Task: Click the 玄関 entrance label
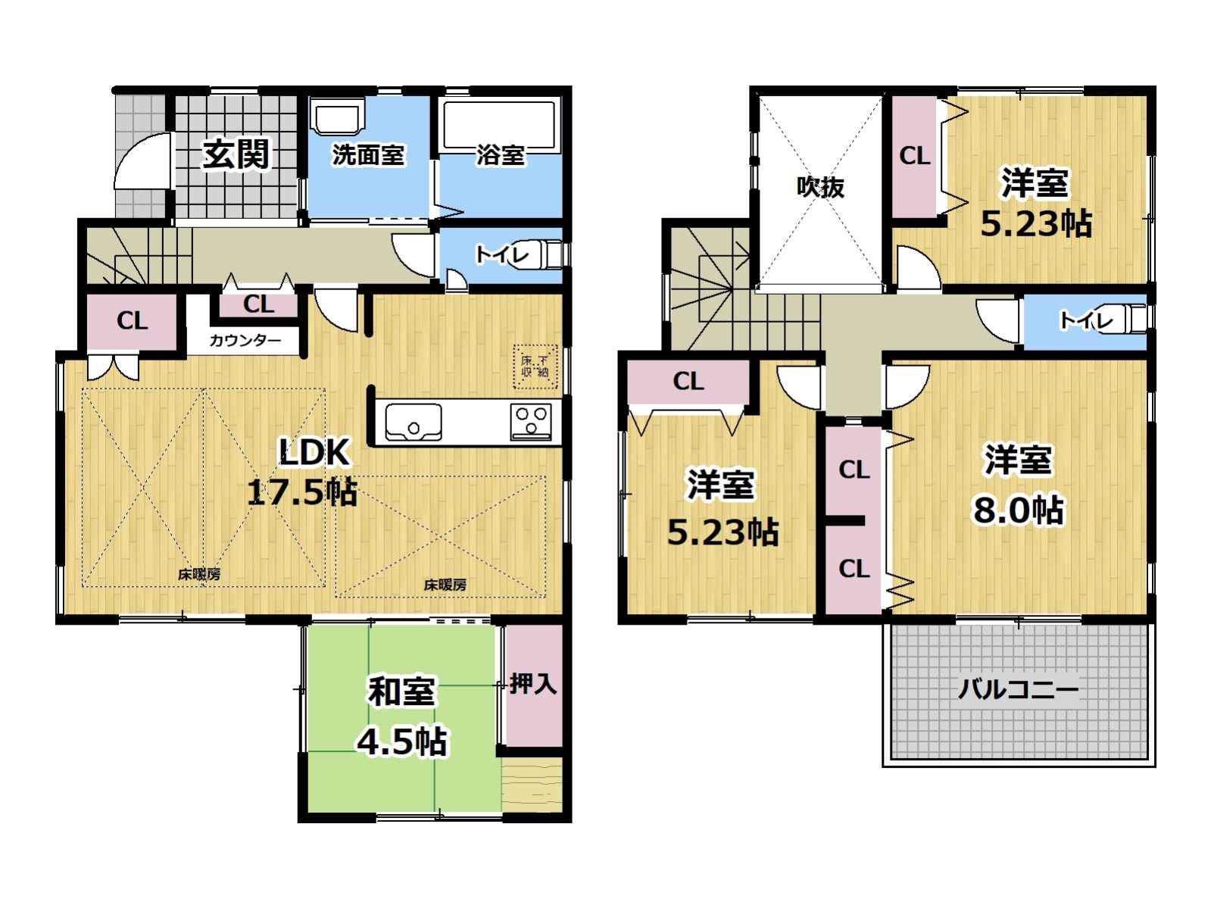tap(236, 154)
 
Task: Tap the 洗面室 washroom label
tap(368, 155)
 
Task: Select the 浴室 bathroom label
tap(501, 155)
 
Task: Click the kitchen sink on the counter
tap(414, 422)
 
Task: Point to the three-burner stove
tap(532, 422)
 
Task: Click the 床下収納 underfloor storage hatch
tap(535, 367)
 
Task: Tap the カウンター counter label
tap(245, 340)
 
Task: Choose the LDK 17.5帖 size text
tap(302, 472)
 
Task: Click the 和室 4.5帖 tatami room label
tap(401, 716)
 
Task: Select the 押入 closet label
tap(533, 684)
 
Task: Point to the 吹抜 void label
tap(820, 187)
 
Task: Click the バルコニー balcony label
tap(1018, 690)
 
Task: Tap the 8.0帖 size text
tap(1018, 510)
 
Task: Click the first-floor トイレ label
tap(502, 254)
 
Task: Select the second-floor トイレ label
tap(1086, 320)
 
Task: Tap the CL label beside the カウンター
tap(259, 304)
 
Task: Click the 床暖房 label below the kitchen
tap(445, 585)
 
